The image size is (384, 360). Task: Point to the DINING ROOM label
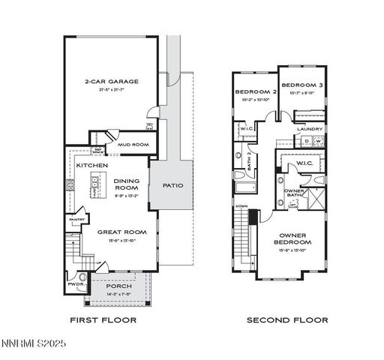(127, 184)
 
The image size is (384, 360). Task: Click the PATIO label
(172, 185)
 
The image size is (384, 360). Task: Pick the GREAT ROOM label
(120, 232)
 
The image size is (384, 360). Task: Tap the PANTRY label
(76, 220)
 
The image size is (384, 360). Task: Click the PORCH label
(118, 286)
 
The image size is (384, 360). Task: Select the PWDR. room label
(75, 285)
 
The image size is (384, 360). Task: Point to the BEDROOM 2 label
(256, 91)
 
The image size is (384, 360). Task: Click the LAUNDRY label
(309, 129)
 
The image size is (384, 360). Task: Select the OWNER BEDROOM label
(293, 238)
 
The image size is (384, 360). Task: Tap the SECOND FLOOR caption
(287, 320)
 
